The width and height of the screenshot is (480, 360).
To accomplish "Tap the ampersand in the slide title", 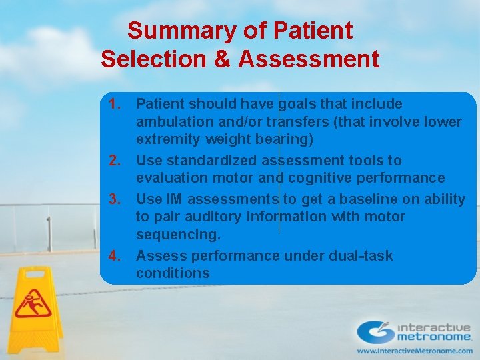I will [221, 59].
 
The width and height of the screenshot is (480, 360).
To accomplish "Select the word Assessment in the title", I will [309, 59].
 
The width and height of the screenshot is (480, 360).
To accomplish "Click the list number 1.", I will [114, 104].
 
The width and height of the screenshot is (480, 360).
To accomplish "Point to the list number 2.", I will [114, 161].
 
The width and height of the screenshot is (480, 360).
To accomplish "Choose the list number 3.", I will [114, 199].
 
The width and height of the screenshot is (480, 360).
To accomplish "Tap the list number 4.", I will [114, 256].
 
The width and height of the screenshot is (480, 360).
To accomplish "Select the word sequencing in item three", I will [178, 235].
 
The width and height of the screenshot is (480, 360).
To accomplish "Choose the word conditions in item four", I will [173, 273].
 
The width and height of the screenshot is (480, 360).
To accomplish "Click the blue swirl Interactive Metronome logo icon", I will [375, 332].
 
